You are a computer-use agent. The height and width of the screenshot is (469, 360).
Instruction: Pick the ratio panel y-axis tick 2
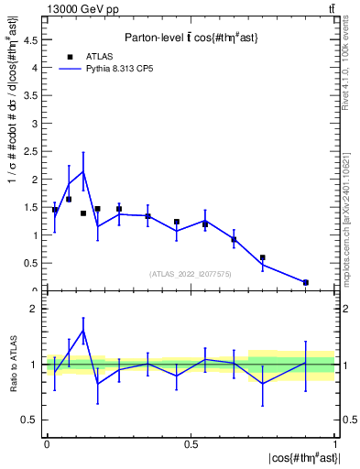[38, 309]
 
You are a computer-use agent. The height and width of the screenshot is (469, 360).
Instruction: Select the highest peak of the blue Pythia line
[83, 171]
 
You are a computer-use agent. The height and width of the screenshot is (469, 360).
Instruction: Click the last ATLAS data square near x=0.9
[305, 282]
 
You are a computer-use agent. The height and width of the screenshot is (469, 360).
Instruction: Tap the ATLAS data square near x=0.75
[262, 257]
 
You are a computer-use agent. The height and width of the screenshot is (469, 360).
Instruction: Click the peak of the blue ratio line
[83, 330]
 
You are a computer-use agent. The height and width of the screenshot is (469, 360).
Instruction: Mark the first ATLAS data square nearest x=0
[55, 210]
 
